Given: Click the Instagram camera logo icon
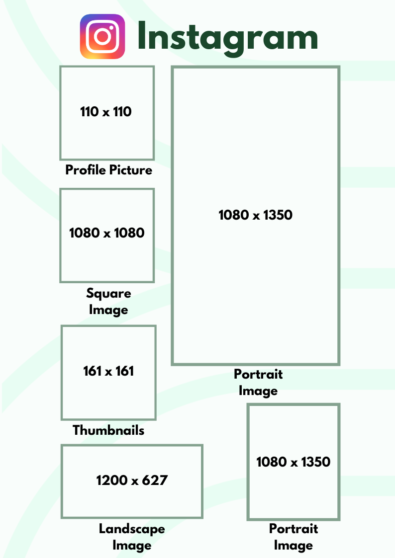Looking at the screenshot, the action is (102, 37).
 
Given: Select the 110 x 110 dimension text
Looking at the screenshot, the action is (106, 112).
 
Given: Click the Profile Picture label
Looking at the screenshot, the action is (108, 170).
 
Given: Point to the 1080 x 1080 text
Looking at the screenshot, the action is (107, 233).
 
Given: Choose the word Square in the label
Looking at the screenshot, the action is (108, 294).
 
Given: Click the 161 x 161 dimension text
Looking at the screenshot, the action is (108, 371).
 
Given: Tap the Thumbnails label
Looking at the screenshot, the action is (108, 430).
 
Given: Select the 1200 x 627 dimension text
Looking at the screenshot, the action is (132, 480).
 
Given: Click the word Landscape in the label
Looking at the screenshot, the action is (132, 529).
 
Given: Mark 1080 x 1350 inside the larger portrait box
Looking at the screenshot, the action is (256, 215).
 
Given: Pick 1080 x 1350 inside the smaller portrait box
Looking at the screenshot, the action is (294, 462).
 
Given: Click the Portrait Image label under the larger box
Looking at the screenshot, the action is (258, 382).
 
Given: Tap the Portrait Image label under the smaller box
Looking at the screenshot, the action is (294, 537).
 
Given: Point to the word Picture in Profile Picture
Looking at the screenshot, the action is (130, 170).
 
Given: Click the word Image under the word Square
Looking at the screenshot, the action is (108, 310).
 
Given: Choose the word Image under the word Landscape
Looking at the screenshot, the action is (132, 546).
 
